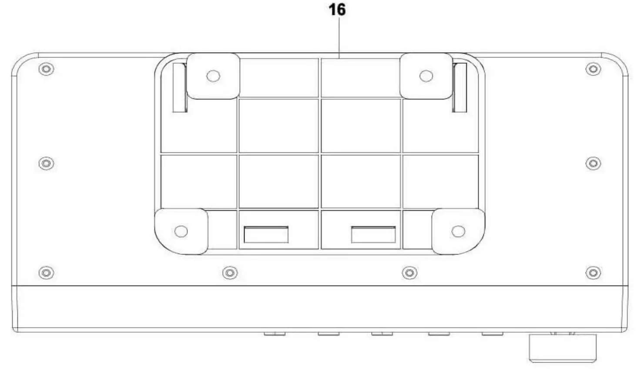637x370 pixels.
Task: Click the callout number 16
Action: pyautogui.click(x=337, y=10)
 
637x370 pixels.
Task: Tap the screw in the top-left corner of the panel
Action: pyautogui.click(x=46, y=69)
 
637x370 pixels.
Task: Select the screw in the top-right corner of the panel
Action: pyautogui.click(x=593, y=69)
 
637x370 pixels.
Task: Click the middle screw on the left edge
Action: pyautogui.click(x=46, y=163)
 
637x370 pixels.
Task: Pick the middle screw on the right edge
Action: pyautogui.click(x=593, y=163)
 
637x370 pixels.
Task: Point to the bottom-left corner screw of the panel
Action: pyautogui.click(x=46, y=273)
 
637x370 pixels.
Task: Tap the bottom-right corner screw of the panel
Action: pyautogui.click(x=593, y=273)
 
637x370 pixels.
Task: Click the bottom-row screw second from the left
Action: pyautogui.click(x=230, y=273)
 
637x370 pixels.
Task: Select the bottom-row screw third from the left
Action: pyautogui.click(x=409, y=273)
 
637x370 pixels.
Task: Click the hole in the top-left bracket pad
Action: pyautogui.click(x=213, y=76)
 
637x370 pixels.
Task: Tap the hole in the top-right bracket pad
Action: pyautogui.click(x=426, y=76)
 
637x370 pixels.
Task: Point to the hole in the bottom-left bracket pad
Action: pyautogui.click(x=181, y=231)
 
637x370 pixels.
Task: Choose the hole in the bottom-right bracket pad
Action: pyautogui.click(x=458, y=231)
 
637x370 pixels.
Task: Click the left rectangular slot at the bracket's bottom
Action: pyautogui.click(x=266, y=235)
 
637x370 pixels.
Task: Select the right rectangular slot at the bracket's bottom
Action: pyautogui.click(x=373, y=235)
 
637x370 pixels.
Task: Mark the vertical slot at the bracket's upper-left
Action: pyautogui.click(x=180, y=87)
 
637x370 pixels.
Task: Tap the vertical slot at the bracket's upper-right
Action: pyautogui.click(x=459, y=87)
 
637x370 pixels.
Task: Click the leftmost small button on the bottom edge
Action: pyautogui.click(x=275, y=334)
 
